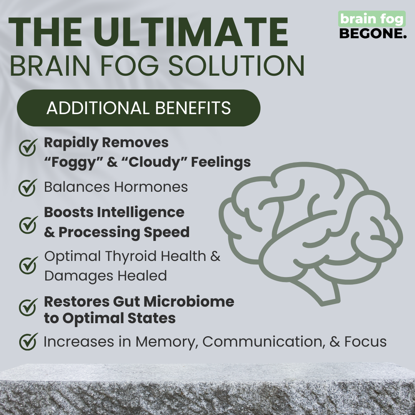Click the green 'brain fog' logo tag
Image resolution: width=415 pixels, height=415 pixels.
[x=372, y=19]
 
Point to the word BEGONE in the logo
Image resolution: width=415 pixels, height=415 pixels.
[x=372, y=33]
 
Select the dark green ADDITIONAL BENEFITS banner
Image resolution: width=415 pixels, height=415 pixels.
[x=138, y=108]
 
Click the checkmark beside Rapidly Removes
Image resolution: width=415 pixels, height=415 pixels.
[x=28, y=147]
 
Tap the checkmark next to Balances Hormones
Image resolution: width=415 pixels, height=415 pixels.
[x=28, y=187]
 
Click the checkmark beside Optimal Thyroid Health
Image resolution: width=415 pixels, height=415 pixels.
[x=28, y=266]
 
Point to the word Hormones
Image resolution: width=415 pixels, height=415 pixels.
[x=151, y=187]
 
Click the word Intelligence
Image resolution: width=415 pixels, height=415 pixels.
[x=146, y=212]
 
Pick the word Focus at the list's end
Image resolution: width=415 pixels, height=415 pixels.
[x=365, y=342]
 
